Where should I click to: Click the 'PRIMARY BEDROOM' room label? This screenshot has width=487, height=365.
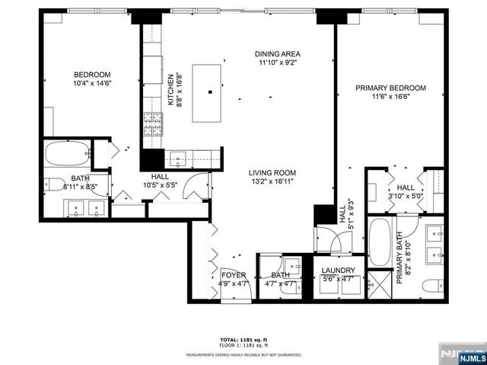(x=391, y=88)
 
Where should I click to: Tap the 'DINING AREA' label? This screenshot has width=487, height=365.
(x=278, y=53)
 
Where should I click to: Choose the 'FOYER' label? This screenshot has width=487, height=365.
(x=233, y=274)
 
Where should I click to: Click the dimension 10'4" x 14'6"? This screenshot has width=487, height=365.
(x=93, y=83)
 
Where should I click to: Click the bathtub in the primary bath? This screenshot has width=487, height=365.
(x=379, y=242)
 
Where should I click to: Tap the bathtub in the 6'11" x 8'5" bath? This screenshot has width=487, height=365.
(x=66, y=155)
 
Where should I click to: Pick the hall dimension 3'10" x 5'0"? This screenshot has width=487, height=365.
(x=406, y=196)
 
